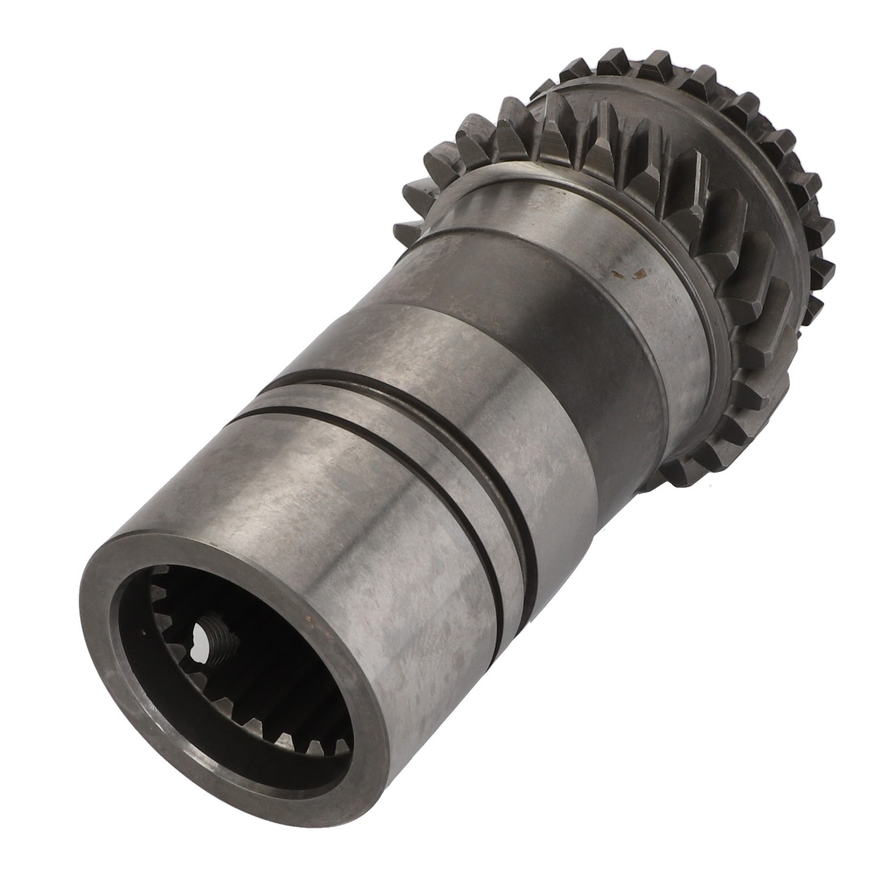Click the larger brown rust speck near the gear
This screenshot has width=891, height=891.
(635, 276)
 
